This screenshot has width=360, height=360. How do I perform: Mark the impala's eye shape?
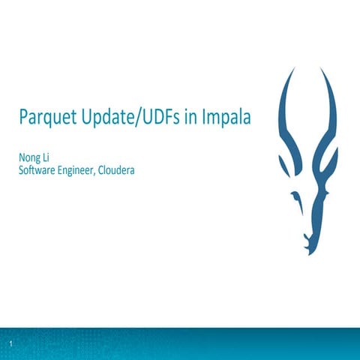pos(297,196)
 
